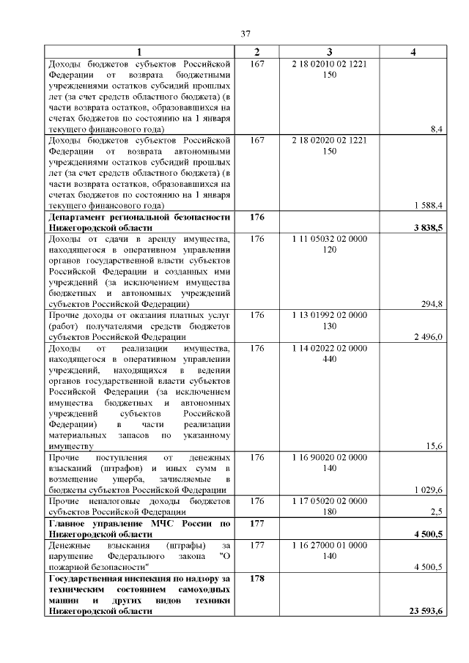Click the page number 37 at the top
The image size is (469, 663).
coord(246,34)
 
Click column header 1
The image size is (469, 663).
coord(139,51)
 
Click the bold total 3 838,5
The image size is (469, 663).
coord(427,229)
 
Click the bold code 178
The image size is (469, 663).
coord(256,579)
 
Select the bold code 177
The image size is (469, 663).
coord(256,524)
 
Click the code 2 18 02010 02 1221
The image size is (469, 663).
coord(330,64)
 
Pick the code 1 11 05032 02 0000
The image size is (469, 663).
coord(330,239)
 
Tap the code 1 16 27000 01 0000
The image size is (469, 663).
coord(330,546)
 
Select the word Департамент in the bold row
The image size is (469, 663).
coord(80,218)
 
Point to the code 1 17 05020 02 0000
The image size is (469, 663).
coord(330,500)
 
